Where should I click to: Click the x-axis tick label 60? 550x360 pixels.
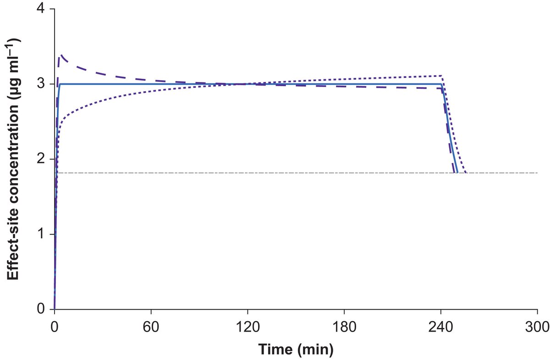click(151, 327)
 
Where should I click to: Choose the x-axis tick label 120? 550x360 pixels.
click(247, 327)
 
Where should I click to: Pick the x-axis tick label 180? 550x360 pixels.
click(344, 327)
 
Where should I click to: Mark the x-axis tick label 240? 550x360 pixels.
click(440, 327)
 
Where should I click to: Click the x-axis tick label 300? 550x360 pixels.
click(537, 327)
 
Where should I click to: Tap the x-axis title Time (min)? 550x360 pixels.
click(296, 350)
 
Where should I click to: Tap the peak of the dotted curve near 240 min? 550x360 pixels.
click(441, 76)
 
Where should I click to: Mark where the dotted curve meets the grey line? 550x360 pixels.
click(466, 173)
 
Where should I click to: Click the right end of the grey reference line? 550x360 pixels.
click(537, 173)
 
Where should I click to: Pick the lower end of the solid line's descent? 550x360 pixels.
click(457, 173)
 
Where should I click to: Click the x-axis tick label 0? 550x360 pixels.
click(55, 327)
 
